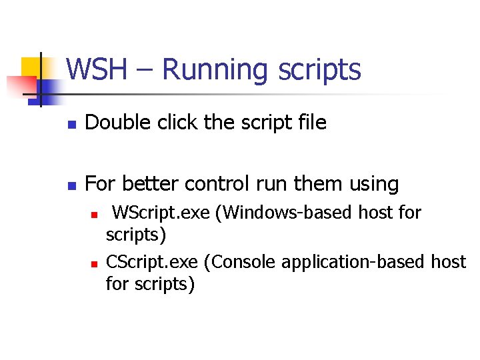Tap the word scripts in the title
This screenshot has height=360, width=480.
tap(319, 70)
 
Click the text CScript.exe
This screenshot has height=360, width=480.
tap(152, 262)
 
